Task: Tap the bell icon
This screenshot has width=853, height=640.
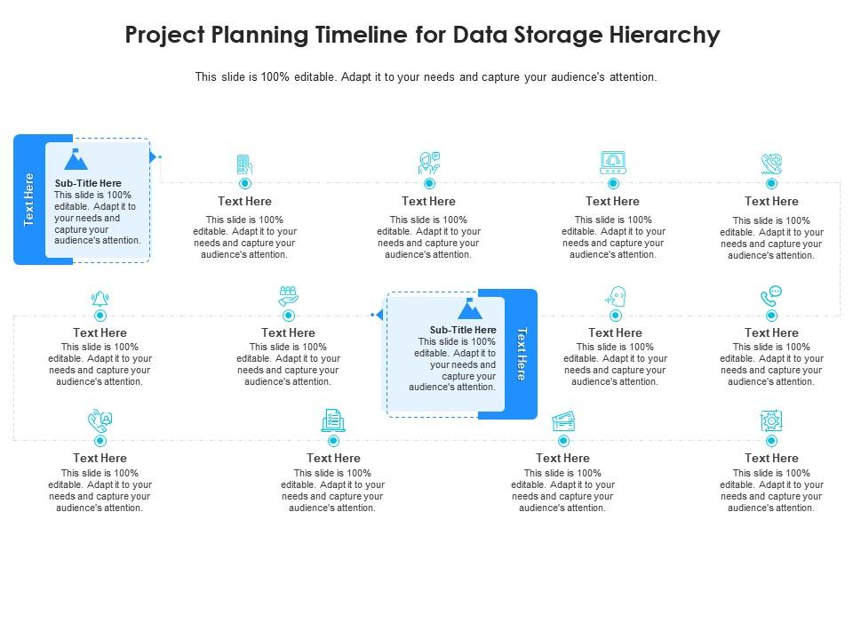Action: coord(100,298)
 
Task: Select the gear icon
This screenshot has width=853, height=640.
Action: coord(771,421)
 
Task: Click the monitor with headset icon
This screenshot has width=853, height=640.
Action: coord(613,163)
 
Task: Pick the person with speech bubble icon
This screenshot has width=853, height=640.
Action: coord(429,163)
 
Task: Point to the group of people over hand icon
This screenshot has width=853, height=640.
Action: coord(288,296)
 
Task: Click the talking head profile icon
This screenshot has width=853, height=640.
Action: coord(616,296)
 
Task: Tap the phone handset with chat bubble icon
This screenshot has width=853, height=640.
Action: coord(771,296)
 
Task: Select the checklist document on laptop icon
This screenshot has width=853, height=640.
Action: coord(333,420)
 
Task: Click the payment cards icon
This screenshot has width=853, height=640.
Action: coord(563,420)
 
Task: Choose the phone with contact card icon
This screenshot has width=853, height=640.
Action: coord(100,420)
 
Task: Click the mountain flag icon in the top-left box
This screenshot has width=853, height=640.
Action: coord(76,160)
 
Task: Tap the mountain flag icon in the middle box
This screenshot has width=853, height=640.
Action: coord(469,308)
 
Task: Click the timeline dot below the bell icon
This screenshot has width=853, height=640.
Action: coord(100,316)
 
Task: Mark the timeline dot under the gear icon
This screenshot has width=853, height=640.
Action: coord(771,441)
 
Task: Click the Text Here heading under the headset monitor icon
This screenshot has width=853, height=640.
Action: coord(612,202)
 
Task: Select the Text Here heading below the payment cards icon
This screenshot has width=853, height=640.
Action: coord(562,459)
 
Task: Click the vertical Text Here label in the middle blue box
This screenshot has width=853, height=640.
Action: coord(522,354)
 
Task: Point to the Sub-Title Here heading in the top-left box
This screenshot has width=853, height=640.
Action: coord(88,183)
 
